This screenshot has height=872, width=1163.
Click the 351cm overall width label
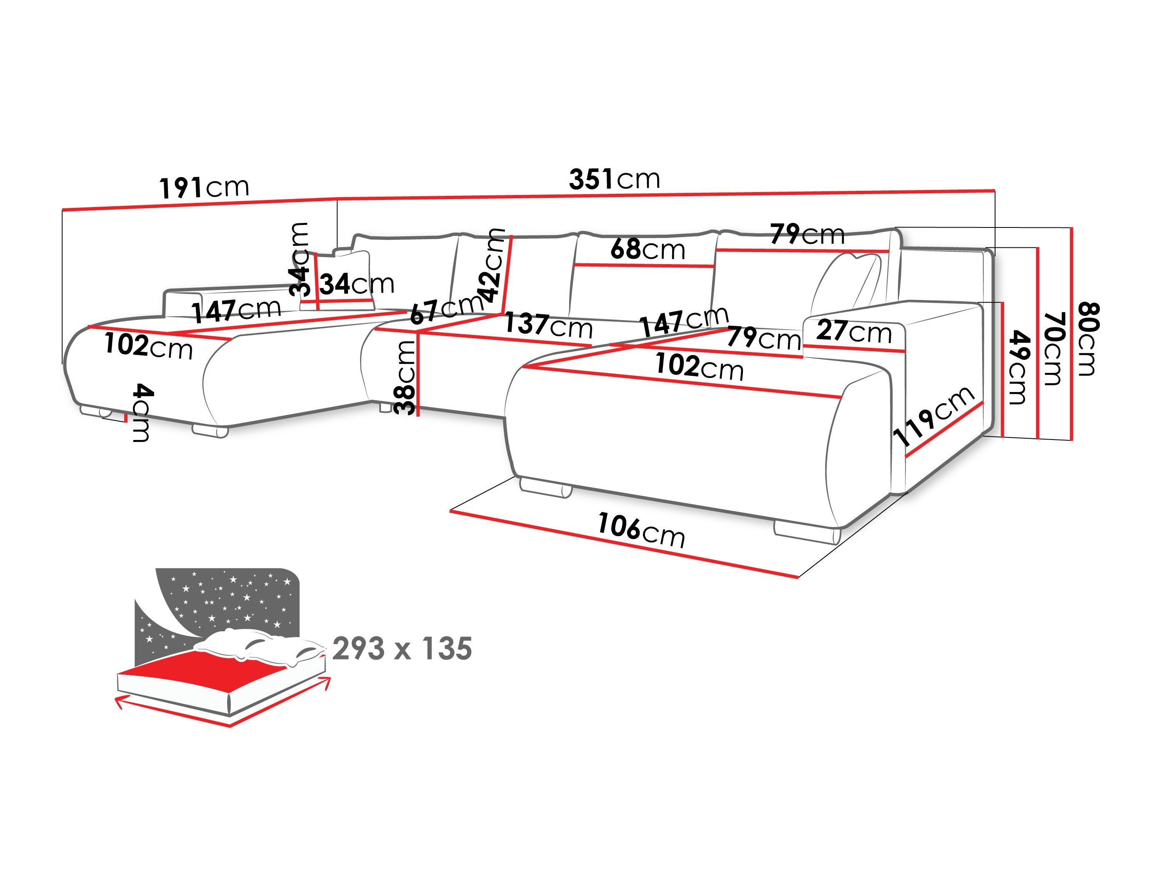(x=614, y=179)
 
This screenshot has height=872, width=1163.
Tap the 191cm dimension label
(x=204, y=187)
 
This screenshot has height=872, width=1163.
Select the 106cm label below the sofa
(x=641, y=531)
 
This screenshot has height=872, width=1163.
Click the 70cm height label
(x=1053, y=348)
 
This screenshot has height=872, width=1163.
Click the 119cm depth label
(x=934, y=416)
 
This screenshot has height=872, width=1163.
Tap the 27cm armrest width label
(x=854, y=332)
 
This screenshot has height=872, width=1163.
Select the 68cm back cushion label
(x=648, y=249)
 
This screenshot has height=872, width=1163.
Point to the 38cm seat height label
(x=406, y=377)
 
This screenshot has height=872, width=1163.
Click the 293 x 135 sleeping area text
(x=402, y=648)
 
